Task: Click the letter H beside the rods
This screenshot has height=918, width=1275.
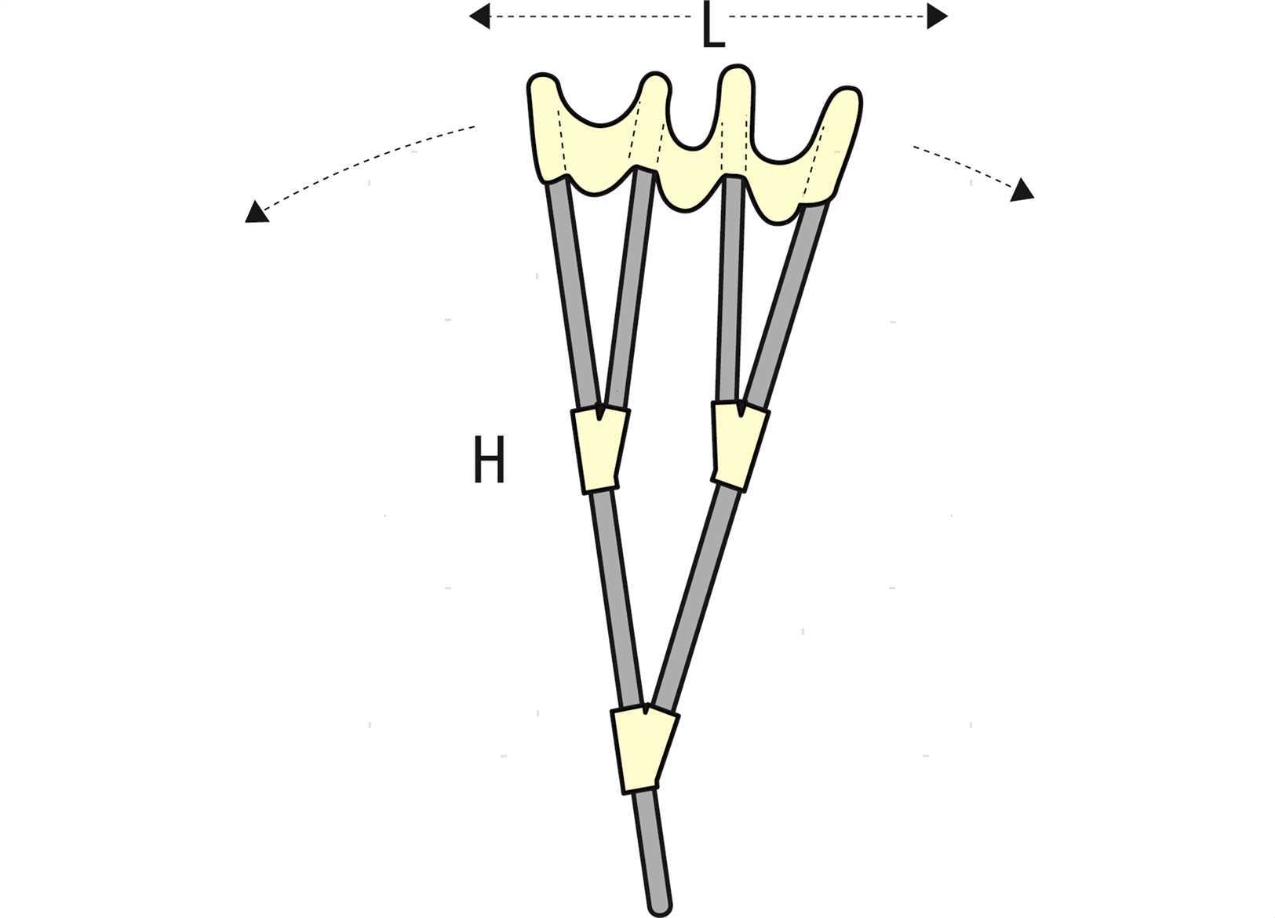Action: tap(489, 459)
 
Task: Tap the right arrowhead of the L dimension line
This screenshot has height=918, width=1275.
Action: tap(937, 16)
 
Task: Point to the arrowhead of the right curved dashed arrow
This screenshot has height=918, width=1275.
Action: tap(1022, 190)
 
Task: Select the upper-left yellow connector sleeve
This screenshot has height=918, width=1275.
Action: tap(599, 449)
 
